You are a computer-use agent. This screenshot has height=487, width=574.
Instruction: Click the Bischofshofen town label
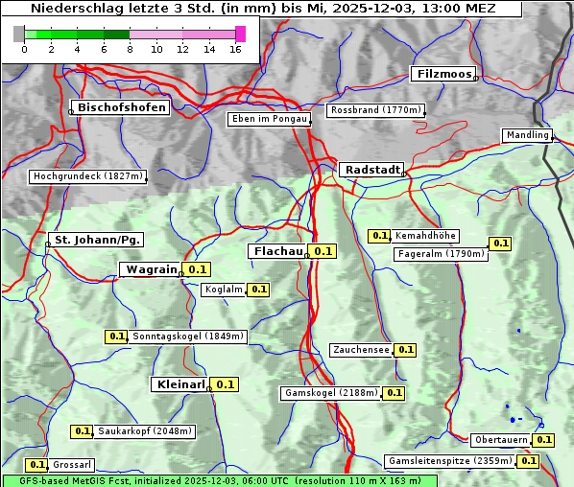pos(122,107)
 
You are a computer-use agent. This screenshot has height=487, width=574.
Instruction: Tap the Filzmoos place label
pos(443,74)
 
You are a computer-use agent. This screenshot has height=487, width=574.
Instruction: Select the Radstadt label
pos(371,170)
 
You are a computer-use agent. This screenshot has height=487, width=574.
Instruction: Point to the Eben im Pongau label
pos(268,119)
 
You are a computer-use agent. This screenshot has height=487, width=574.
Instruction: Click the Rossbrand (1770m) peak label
pos(375,110)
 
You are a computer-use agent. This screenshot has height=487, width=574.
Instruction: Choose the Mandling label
pos(527,135)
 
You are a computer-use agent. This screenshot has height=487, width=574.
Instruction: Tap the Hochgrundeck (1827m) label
pos(87,176)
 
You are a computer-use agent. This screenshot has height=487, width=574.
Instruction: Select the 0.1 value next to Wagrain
pos(198,269)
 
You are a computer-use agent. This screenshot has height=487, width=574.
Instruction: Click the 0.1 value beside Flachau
pos(323,251)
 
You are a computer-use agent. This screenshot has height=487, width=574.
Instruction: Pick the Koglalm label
pos(224,290)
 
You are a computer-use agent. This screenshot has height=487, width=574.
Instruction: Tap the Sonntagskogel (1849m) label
pos(188,336)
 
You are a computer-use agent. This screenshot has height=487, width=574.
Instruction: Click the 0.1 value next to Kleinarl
pos(225,384)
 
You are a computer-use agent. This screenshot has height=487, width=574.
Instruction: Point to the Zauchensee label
pos(361,350)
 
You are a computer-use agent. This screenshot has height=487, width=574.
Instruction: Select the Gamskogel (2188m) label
pos(331,393)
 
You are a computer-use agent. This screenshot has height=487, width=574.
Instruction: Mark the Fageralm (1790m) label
pos(441,254)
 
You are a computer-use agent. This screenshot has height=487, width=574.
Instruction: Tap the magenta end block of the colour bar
pos(240,34)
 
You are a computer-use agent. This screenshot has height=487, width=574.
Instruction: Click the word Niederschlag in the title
pos(70,9)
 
